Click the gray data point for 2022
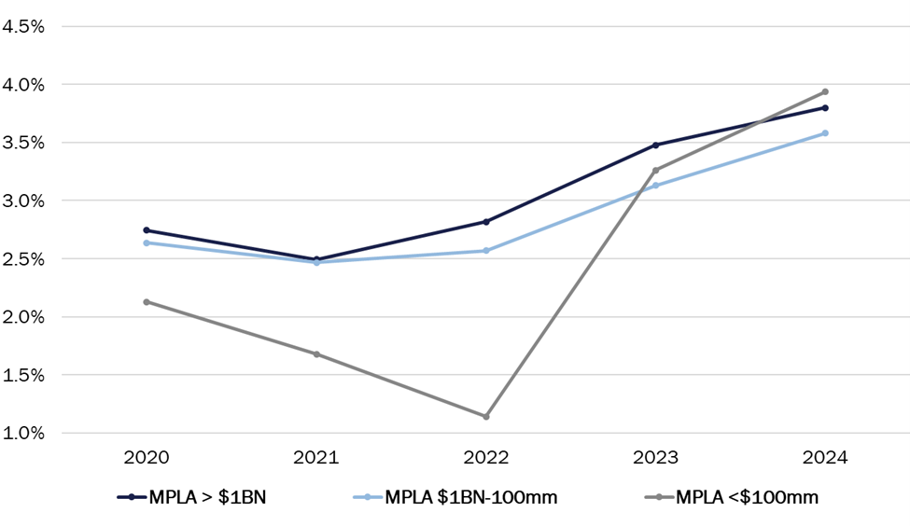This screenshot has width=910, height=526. pyautogui.click(x=486, y=416)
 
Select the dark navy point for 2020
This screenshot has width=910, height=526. pyautogui.click(x=147, y=230)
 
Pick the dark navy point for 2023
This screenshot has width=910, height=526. pyautogui.click(x=656, y=145)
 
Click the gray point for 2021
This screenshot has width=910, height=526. pyautogui.click(x=316, y=354)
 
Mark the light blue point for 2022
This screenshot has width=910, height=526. pyautogui.click(x=486, y=251)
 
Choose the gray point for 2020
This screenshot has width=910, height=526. pyautogui.click(x=147, y=302)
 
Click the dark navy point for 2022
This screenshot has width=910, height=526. pyautogui.click(x=486, y=222)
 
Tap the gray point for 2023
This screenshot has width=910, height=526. pyautogui.click(x=656, y=170)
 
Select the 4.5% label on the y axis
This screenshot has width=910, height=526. pyautogui.click(x=24, y=26)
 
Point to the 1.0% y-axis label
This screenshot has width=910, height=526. pyautogui.click(x=24, y=434)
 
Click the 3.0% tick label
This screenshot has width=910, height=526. pyautogui.click(x=24, y=201)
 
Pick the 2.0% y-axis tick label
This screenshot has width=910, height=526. pyautogui.click(x=24, y=317)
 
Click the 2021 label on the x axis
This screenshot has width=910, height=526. pyautogui.click(x=316, y=458)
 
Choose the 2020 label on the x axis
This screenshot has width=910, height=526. pyautogui.click(x=147, y=458)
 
